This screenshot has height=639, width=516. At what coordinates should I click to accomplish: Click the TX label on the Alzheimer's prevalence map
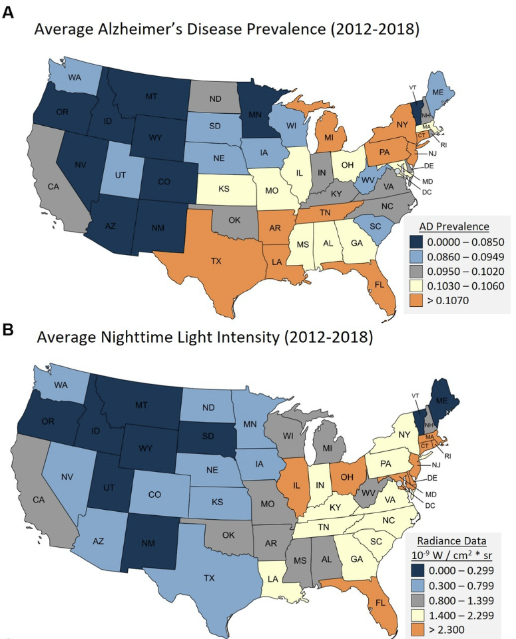click(214, 261)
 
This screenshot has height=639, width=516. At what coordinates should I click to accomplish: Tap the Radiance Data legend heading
click(451, 540)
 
